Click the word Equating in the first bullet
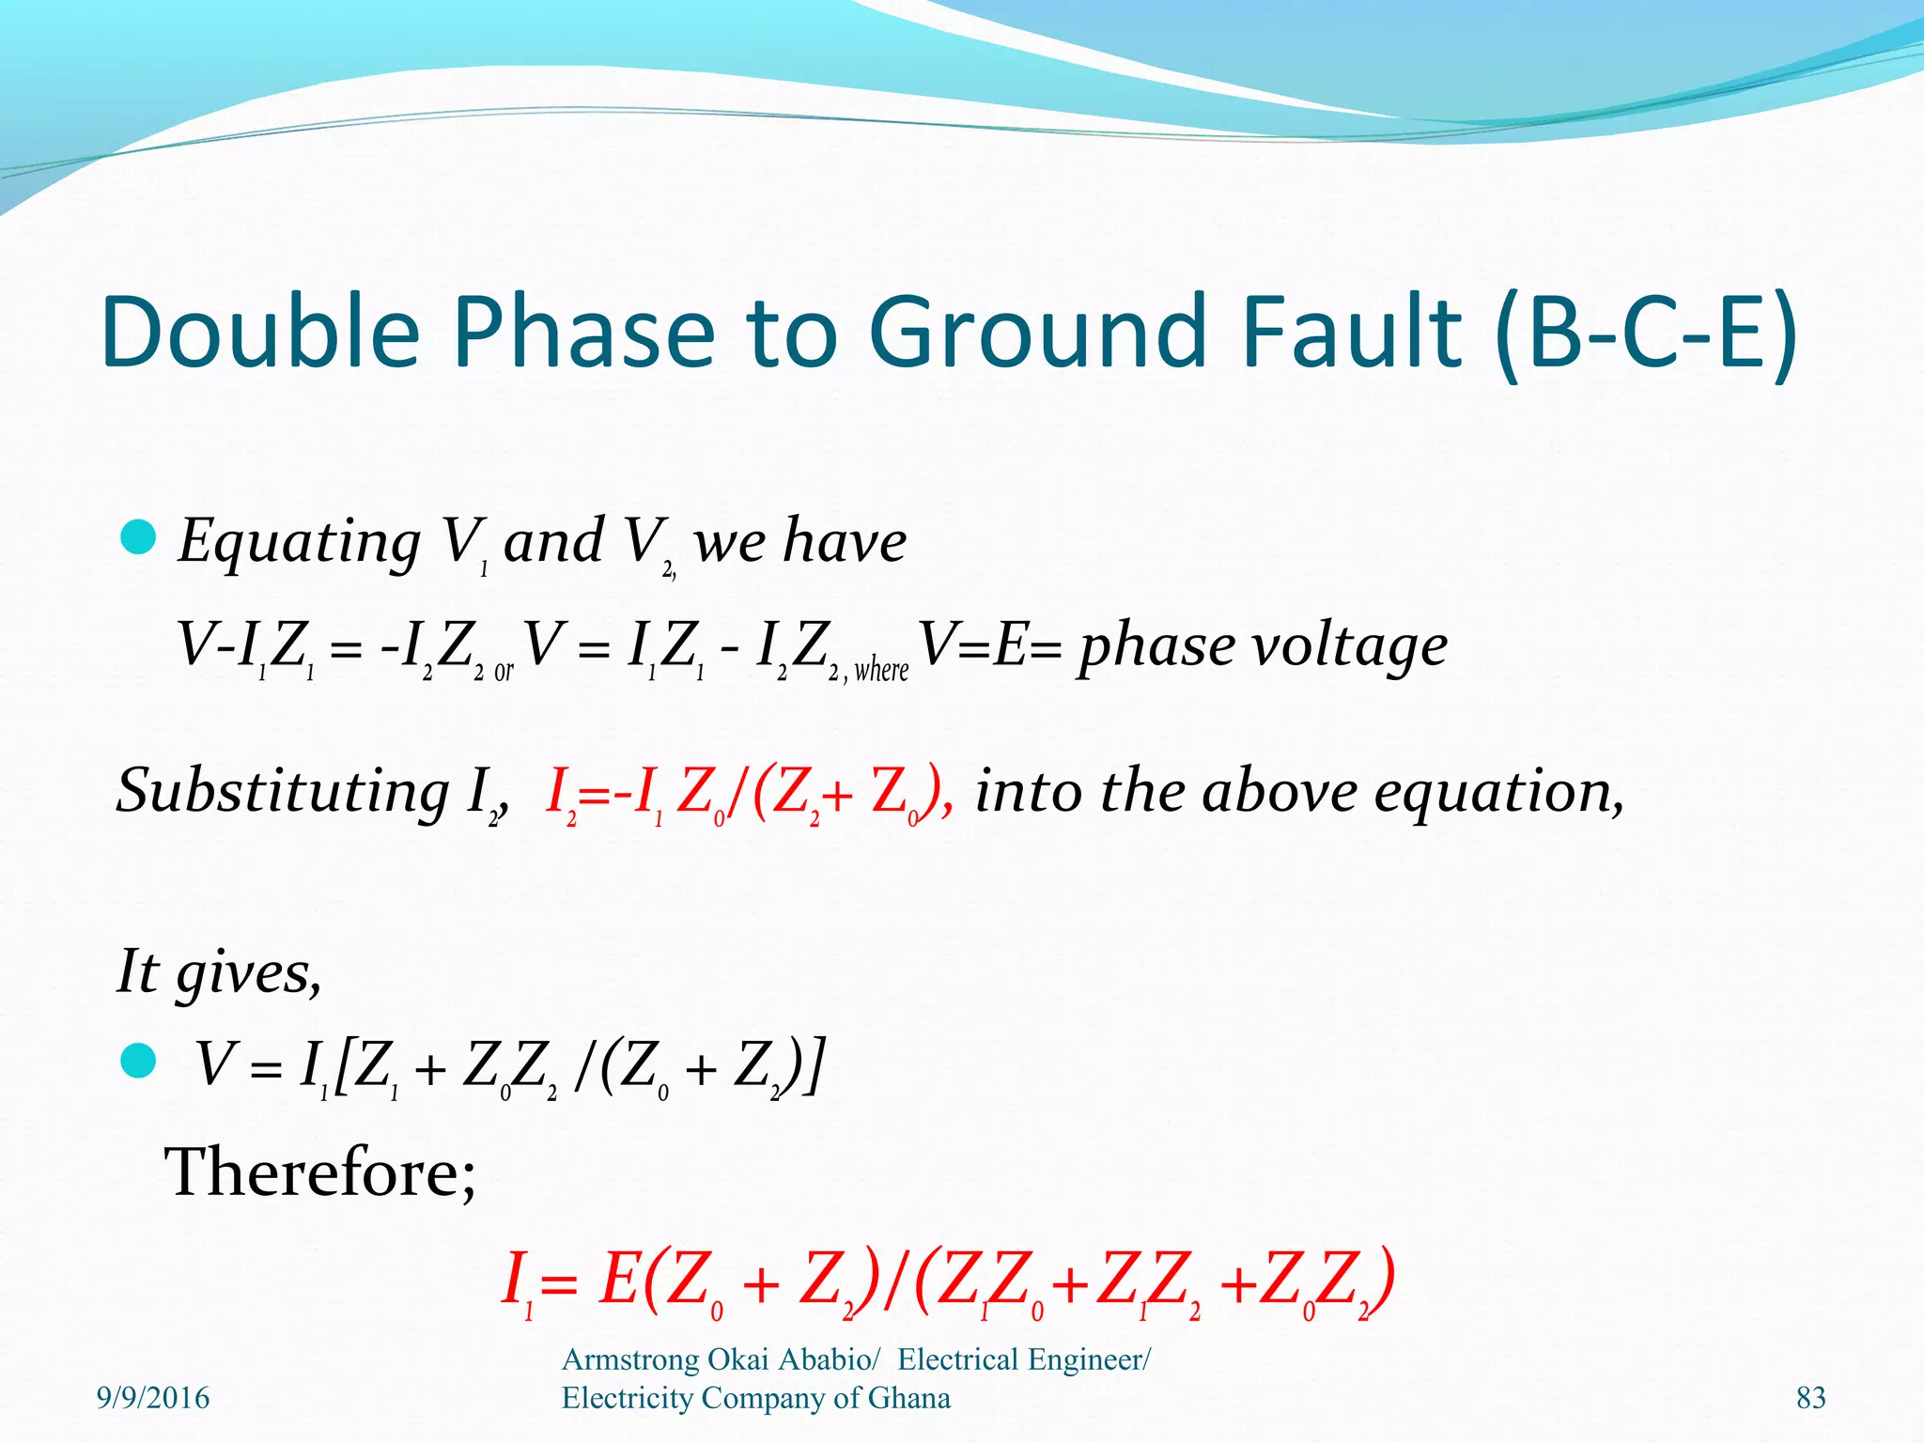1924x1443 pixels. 300,542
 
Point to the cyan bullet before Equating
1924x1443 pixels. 138,537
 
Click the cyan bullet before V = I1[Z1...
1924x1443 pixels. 138,1062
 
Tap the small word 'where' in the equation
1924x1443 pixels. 881,670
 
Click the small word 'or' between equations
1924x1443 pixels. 504,671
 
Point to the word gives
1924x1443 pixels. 249,971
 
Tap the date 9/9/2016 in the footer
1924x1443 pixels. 153,1398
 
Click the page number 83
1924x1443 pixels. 1810,1398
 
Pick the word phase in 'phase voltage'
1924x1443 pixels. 1156,645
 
